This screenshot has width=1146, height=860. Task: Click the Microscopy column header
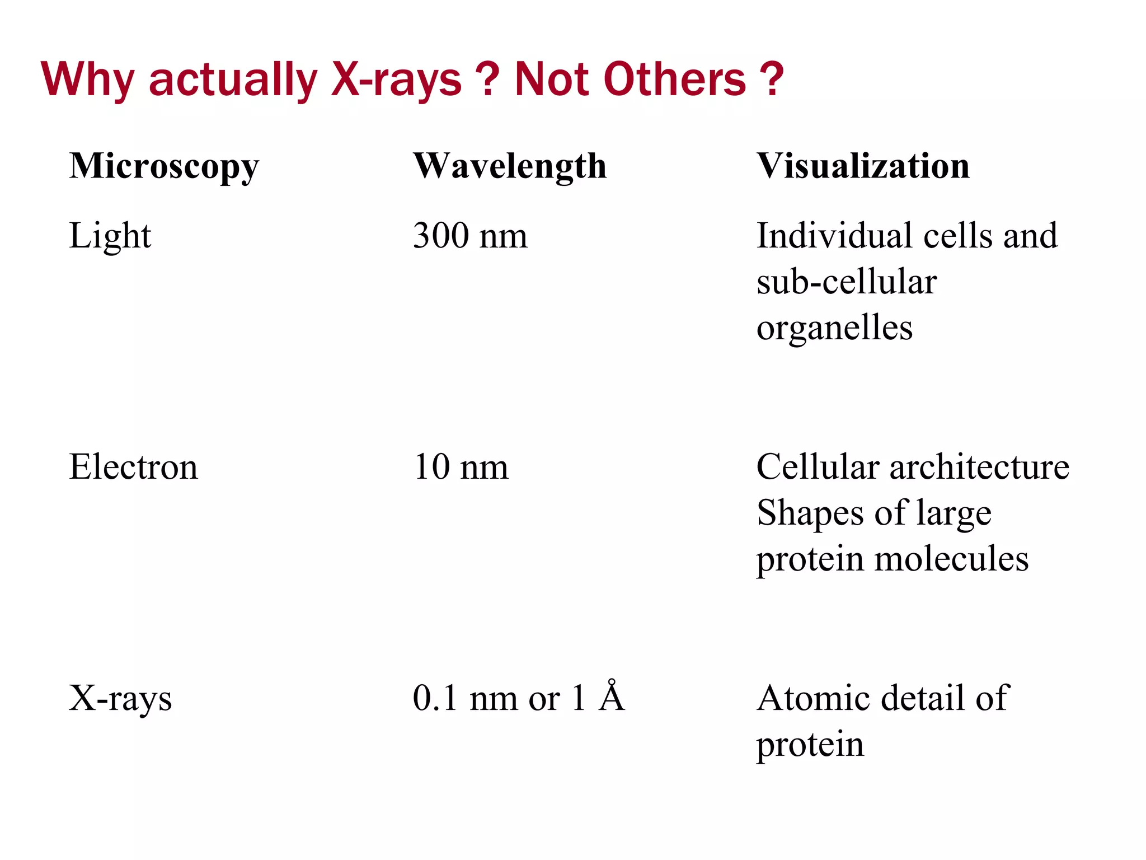pyautogui.click(x=164, y=167)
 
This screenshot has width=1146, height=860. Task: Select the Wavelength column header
pyautogui.click(x=510, y=167)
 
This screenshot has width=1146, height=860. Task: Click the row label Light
pyautogui.click(x=110, y=236)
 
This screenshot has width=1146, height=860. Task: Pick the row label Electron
pyautogui.click(x=133, y=467)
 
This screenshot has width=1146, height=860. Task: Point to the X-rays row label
pyautogui.click(x=120, y=699)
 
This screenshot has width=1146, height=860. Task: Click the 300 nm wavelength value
pyautogui.click(x=470, y=236)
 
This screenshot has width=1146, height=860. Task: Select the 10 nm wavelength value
pyautogui.click(x=461, y=467)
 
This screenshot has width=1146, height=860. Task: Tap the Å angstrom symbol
pyautogui.click(x=611, y=697)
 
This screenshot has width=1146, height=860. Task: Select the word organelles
pyautogui.click(x=834, y=328)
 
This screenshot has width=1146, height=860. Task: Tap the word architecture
pyautogui.click(x=979, y=467)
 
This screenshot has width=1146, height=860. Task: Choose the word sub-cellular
pyautogui.click(x=846, y=282)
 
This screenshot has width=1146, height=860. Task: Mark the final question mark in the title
pyautogui.click(x=772, y=79)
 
